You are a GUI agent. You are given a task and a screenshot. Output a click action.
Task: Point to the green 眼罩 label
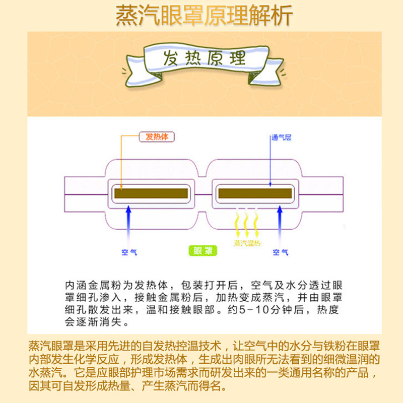[x=203, y=250]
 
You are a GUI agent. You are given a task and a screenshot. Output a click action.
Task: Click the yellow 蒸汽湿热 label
[x=246, y=243]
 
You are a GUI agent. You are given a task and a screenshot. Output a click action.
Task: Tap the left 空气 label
[x=129, y=253]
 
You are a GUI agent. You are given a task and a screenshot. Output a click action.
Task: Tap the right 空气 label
[x=280, y=253]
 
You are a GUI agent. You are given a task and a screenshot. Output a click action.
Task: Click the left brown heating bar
[x=151, y=193]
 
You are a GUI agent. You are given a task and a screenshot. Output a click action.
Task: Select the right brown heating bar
[x=254, y=193]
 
